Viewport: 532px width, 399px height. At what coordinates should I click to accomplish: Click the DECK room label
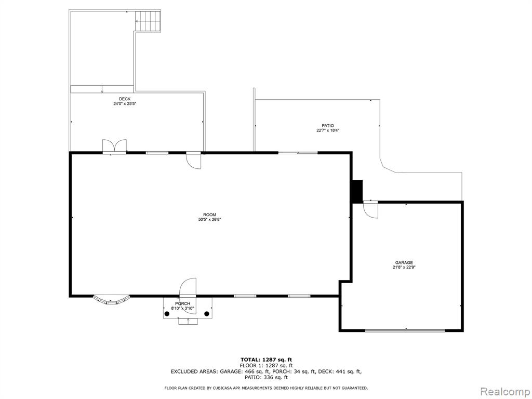tap(125, 99)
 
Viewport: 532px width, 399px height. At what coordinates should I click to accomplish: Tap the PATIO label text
tap(328, 126)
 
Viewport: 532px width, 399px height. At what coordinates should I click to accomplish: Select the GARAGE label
tap(404, 262)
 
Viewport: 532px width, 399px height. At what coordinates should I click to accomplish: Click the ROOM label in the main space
tap(210, 215)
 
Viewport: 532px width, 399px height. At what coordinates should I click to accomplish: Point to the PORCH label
tap(182, 303)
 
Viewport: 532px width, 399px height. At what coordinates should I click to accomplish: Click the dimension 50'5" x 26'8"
tap(210, 220)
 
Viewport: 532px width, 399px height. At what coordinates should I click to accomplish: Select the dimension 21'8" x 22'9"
tap(404, 268)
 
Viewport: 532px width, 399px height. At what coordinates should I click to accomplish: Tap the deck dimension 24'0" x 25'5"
tap(125, 104)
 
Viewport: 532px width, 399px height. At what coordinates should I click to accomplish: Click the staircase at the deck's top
tap(148, 21)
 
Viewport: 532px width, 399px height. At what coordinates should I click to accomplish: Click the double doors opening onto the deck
tap(115, 147)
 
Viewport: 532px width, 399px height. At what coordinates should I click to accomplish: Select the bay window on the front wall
tap(112, 300)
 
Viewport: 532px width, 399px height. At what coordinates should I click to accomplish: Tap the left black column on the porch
tap(167, 314)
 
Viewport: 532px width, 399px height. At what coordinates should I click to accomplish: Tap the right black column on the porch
tap(207, 314)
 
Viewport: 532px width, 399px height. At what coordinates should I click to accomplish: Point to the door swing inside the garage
tap(370, 210)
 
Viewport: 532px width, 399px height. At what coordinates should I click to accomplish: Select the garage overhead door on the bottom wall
tap(405, 330)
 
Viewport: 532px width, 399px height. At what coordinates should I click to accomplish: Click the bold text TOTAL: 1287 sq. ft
tap(267, 360)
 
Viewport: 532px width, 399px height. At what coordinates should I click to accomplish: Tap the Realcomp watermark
tap(504, 392)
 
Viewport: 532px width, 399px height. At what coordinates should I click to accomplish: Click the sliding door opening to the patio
tap(298, 153)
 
